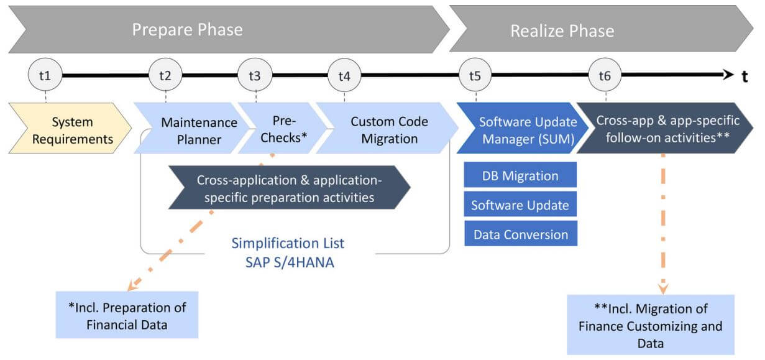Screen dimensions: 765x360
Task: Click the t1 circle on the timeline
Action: click(45, 75)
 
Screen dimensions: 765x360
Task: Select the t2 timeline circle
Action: click(166, 75)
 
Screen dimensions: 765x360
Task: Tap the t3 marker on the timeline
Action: click(255, 75)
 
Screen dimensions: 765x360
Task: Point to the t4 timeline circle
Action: click(344, 75)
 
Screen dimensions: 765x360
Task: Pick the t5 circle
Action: click(475, 75)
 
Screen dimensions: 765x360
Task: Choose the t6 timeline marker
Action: click(605, 75)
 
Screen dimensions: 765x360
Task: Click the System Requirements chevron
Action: click(70, 128)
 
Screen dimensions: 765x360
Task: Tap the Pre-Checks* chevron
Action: click(282, 128)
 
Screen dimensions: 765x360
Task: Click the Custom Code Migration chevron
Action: click(387, 128)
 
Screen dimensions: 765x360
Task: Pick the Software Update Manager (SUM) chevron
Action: click(523, 128)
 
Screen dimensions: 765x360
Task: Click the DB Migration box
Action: click(520, 175)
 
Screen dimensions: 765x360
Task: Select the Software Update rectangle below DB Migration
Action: click(520, 205)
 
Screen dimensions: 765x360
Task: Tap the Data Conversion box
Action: click(521, 234)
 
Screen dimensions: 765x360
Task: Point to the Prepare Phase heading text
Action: click(188, 30)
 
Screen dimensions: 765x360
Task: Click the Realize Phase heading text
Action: click(562, 30)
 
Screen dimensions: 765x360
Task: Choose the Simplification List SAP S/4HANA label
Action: click(288, 253)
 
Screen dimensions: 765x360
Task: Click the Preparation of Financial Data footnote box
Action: click(127, 315)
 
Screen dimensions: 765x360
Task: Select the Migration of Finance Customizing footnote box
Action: click(651, 325)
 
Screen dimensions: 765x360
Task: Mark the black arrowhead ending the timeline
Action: click(728, 75)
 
